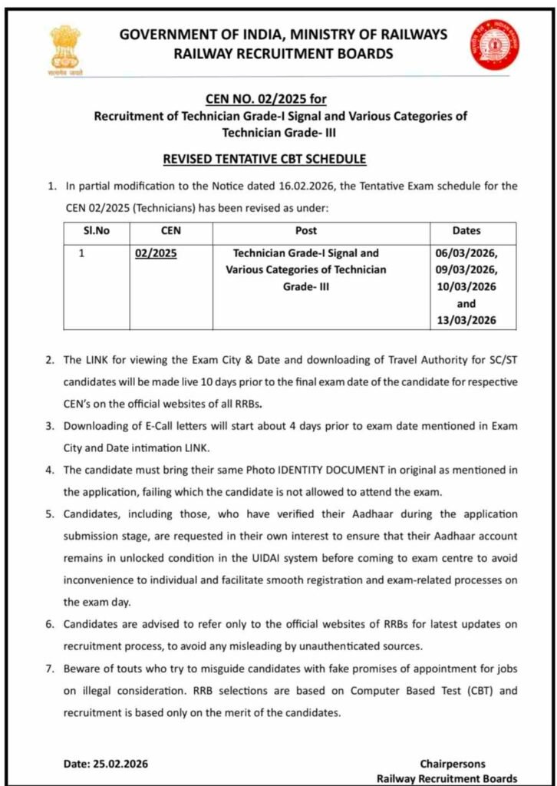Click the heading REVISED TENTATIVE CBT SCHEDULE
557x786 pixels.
click(265, 159)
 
